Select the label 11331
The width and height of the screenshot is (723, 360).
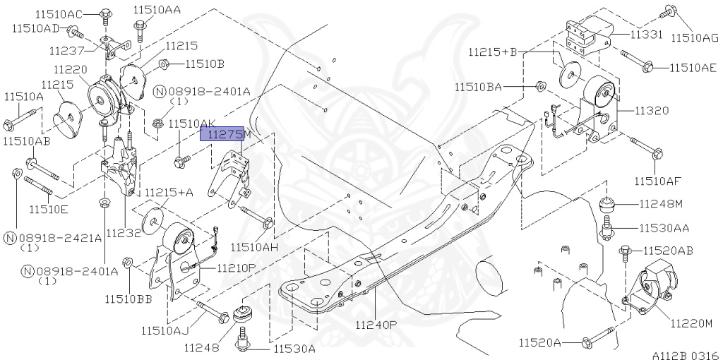[x=632, y=33]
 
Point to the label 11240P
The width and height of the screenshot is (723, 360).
[x=376, y=325]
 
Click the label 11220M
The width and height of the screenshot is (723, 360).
[x=691, y=324]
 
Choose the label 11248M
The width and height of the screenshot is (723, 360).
[x=662, y=204]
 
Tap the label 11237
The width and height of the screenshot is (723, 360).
[x=67, y=51]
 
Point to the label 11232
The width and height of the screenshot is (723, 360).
[x=125, y=232]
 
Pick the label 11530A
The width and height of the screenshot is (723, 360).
[x=294, y=349]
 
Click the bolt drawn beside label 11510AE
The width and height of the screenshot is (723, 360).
[x=638, y=61]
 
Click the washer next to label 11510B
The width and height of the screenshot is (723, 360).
[x=163, y=64]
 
